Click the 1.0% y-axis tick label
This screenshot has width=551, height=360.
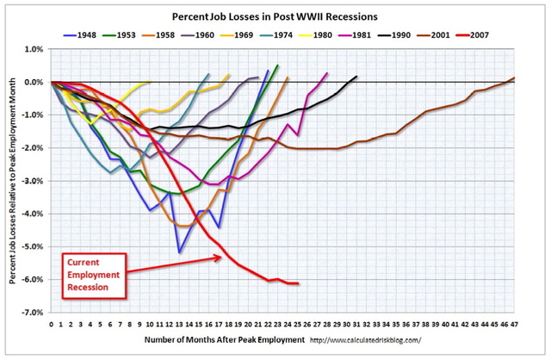(x=34, y=50)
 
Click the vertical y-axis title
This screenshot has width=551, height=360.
(x=13, y=181)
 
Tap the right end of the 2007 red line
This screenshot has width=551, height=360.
(x=298, y=283)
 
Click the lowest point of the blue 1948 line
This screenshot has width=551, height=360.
(x=180, y=252)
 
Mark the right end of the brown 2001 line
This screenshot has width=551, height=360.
(x=515, y=78)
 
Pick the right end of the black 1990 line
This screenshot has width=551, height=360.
(x=356, y=77)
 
